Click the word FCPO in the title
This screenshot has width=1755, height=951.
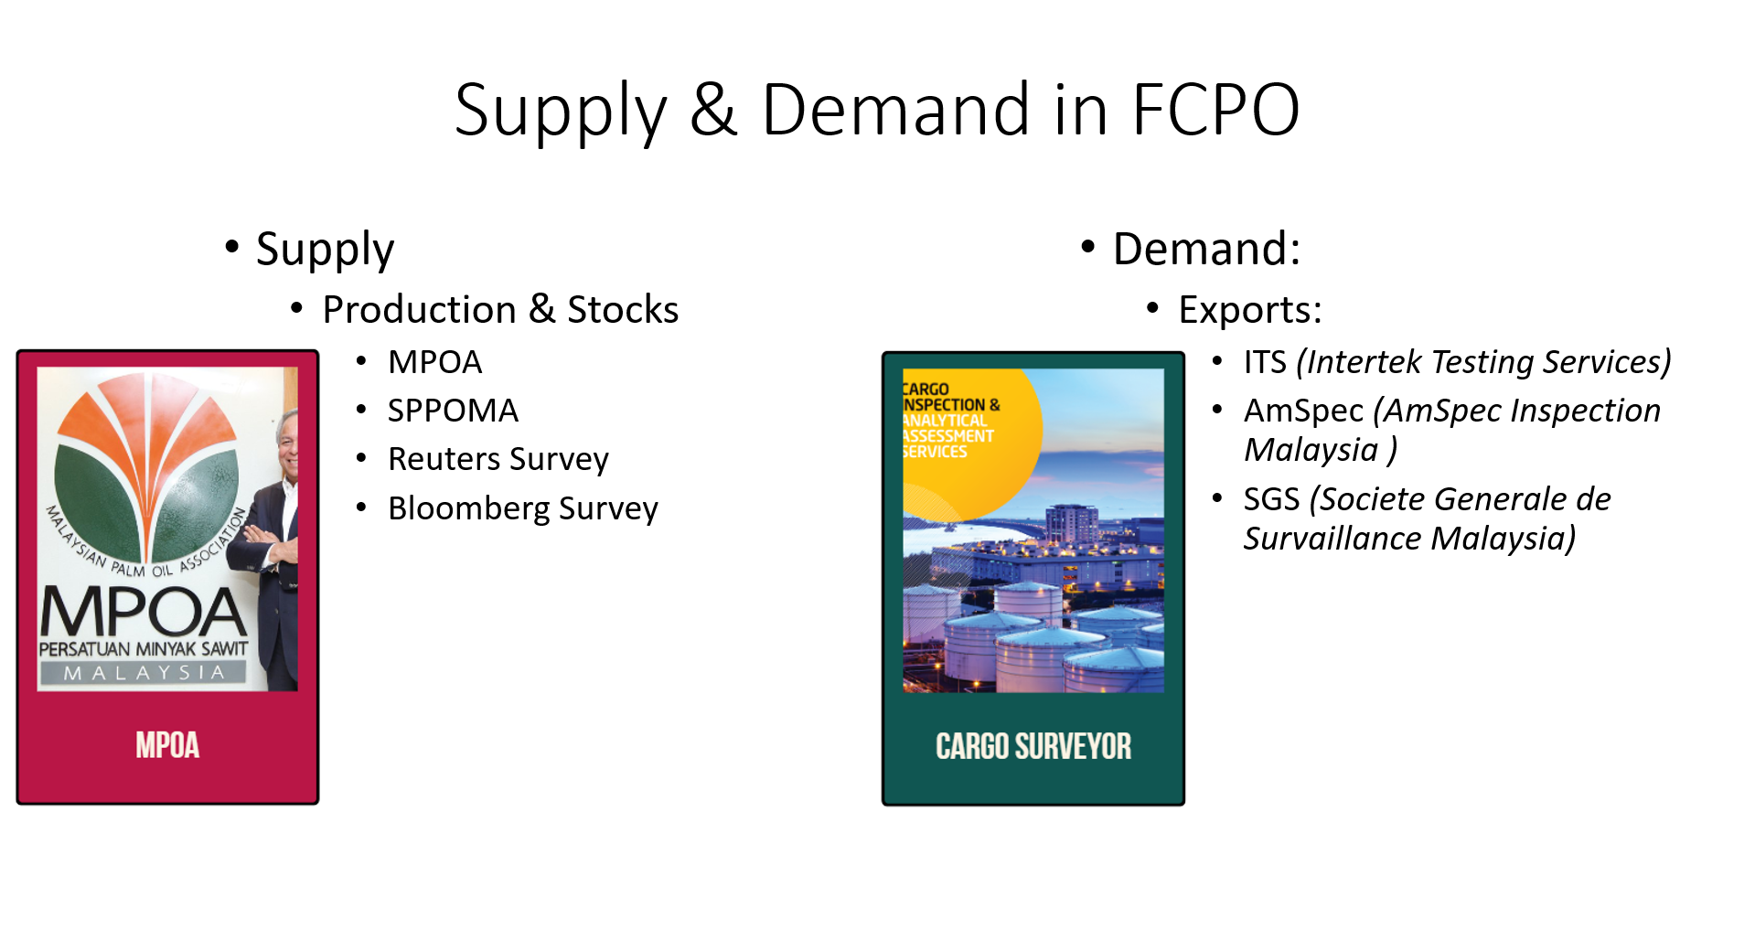point(1215,110)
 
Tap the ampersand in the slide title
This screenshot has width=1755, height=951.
point(713,110)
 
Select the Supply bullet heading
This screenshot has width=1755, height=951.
point(325,250)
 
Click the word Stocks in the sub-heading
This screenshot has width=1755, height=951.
point(623,309)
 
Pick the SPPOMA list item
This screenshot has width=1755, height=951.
point(453,411)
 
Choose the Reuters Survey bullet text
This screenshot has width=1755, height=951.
point(498,459)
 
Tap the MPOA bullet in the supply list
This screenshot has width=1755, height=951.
point(434,362)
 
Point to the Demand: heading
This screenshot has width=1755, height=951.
point(1206,249)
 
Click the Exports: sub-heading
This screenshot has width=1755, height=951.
point(1250,310)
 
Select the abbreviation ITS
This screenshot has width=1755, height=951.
point(1265,362)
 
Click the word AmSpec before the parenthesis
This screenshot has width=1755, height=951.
point(1303,411)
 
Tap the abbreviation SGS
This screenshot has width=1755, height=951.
point(1271,499)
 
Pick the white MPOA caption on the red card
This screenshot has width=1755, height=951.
point(167,745)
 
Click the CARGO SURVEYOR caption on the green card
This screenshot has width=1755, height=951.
point(1033,746)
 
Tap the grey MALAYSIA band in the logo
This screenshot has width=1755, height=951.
point(144,673)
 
